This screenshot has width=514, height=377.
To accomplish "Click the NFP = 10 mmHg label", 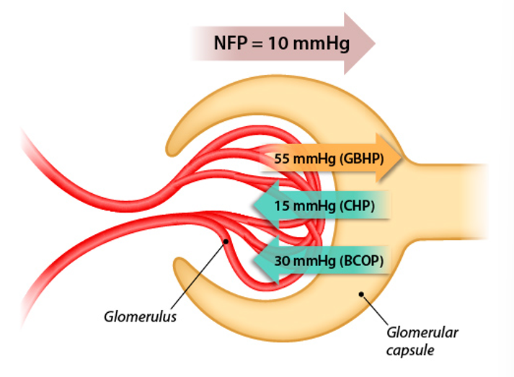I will [x=281, y=43].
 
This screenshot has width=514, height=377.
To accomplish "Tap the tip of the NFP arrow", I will [x=375, y=43].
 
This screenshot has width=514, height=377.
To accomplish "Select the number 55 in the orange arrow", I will [x=283, y=157].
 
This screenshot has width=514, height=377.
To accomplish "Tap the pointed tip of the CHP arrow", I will [x=252, y=208].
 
